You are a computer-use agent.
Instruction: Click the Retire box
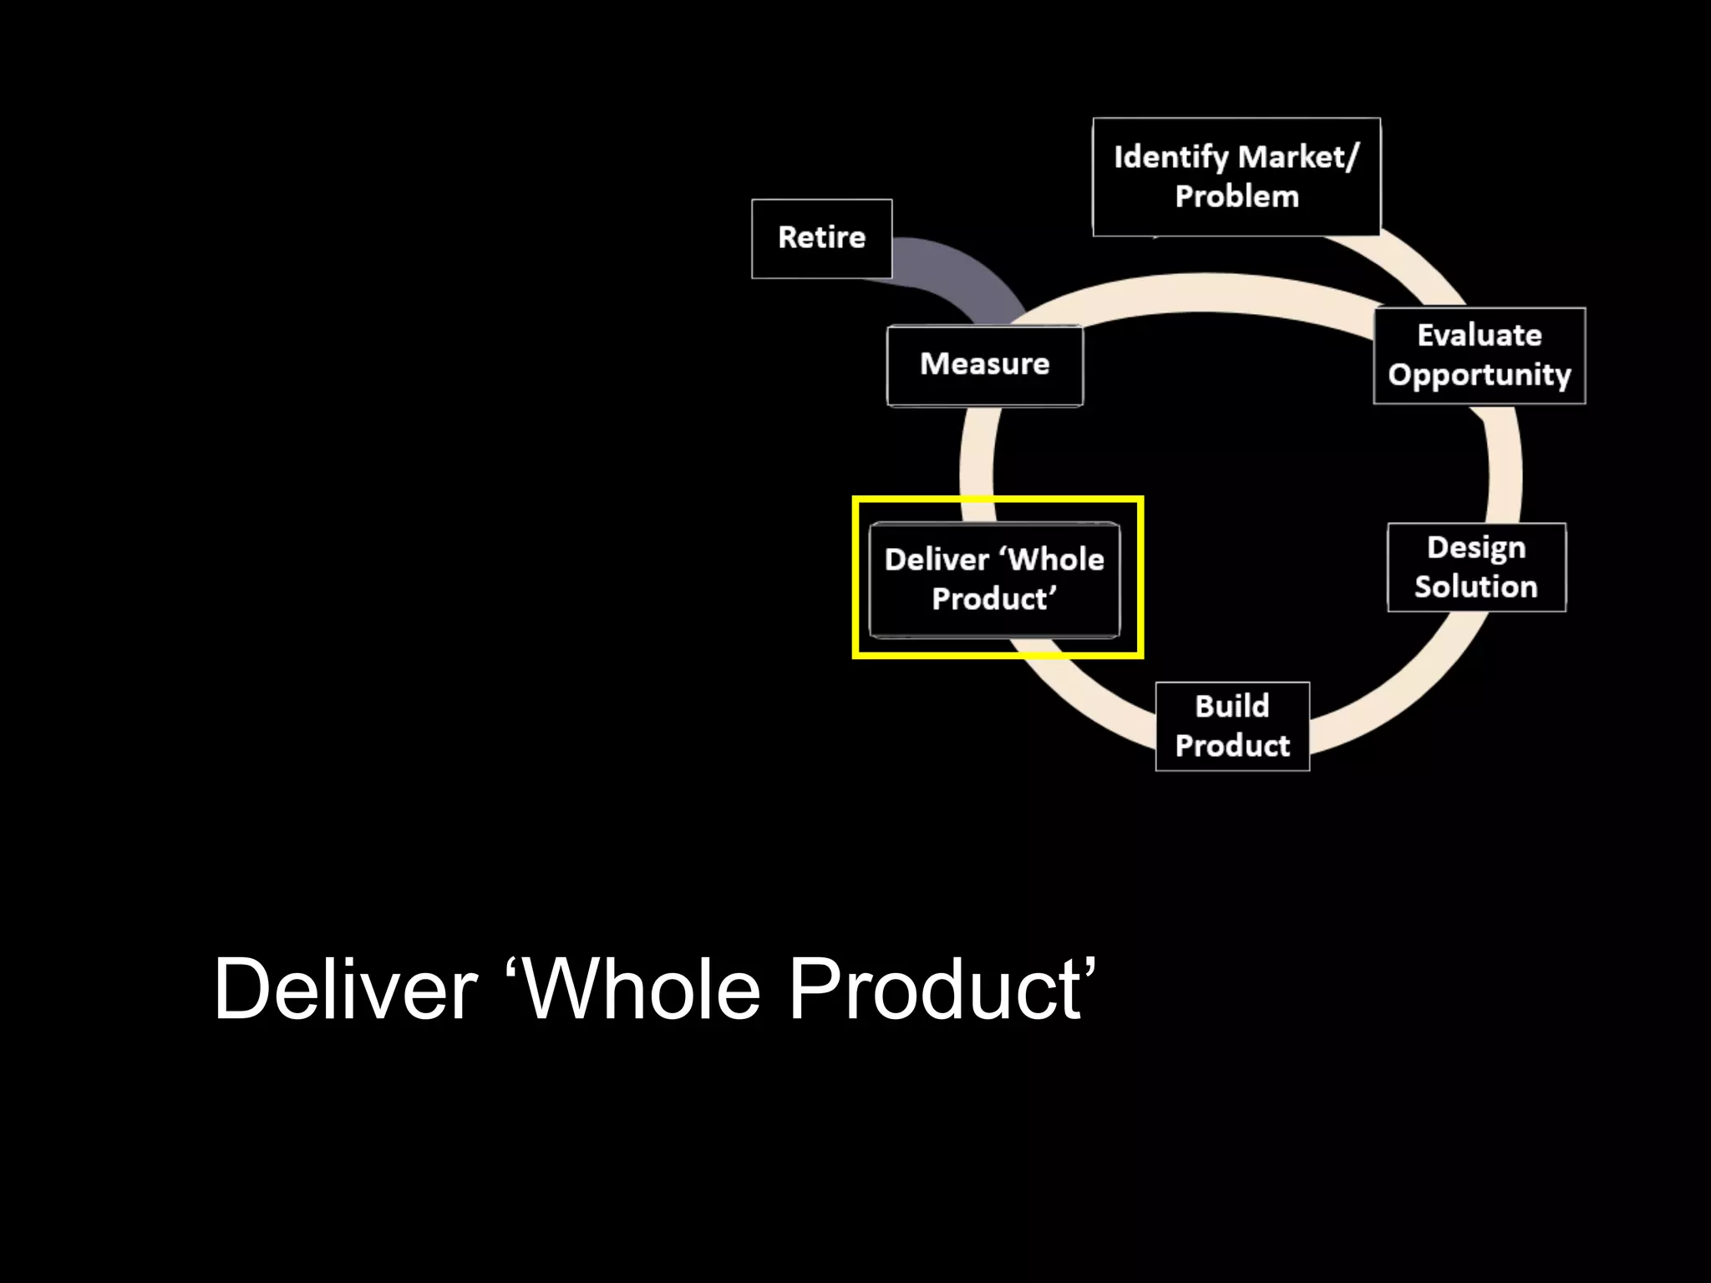[821, 238]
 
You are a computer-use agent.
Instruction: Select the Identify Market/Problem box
[1236, 176]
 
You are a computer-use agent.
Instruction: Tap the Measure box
[984, 365]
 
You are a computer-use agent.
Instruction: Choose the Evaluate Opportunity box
[1479, 355]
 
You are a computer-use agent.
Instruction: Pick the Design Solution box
[1476, 567]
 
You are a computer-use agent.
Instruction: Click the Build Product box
[1232, 726]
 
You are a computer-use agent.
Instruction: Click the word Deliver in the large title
[345, 990]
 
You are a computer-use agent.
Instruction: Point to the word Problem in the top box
[1236, 197]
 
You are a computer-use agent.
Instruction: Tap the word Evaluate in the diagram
[1480, 335]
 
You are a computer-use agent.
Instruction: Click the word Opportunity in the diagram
[1480, 375]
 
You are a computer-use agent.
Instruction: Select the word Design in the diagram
[1476, 548]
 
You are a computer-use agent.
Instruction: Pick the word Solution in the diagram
[1476, 587]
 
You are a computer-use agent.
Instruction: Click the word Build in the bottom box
[1232, 707]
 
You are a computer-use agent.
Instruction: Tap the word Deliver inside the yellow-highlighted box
[936, 560]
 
